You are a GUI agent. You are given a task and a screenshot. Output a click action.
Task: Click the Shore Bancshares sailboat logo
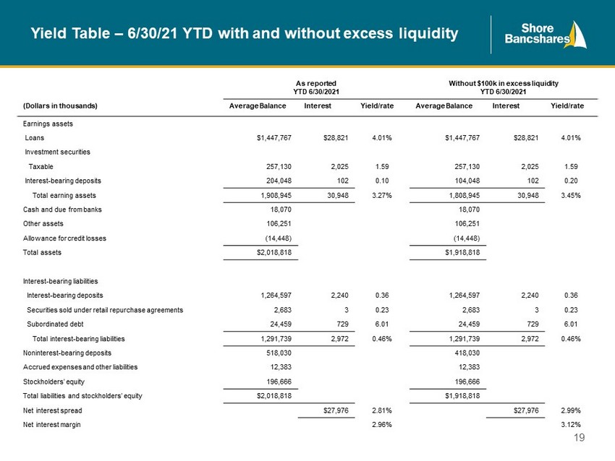[x=546, y=35]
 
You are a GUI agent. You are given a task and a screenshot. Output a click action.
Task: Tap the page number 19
[x=579, y=437]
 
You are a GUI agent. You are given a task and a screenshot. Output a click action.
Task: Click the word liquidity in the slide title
[x=428, y=34]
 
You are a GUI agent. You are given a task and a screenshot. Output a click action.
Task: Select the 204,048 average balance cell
[x=279, y=181]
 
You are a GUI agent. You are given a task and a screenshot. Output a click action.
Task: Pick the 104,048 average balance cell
[x=467, y=181]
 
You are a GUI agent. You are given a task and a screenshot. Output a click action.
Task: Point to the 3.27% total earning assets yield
[x=381, y=195]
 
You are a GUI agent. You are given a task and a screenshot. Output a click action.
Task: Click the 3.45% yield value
[x=571, y=195]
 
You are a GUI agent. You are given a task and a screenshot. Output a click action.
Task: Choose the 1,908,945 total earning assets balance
[x=276, y=195]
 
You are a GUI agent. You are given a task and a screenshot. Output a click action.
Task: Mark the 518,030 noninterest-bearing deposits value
[x=279, y=353]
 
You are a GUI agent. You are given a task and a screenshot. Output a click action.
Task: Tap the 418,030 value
[x=467, y=353]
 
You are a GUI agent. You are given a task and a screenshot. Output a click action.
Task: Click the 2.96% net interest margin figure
[x=381, y=425]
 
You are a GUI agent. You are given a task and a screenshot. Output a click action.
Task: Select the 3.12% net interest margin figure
[x=571, y=425]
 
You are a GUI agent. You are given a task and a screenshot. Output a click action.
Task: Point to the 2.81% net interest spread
[x=381, y=410]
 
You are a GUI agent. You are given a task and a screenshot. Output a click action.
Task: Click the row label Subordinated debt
[x=55, y=324]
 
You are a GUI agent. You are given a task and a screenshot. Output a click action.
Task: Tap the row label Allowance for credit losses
[x=64, y=238]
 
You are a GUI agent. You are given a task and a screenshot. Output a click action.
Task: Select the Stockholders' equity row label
[x=54, y=382]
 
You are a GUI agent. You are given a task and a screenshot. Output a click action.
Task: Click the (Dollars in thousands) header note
[x=60, y=105]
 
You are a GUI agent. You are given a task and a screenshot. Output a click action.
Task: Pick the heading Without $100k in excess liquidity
[x=504, y=83]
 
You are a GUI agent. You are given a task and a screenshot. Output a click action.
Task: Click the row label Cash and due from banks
[x=62, y=210]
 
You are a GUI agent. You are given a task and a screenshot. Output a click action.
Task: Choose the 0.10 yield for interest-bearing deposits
[x=382, y=181]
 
